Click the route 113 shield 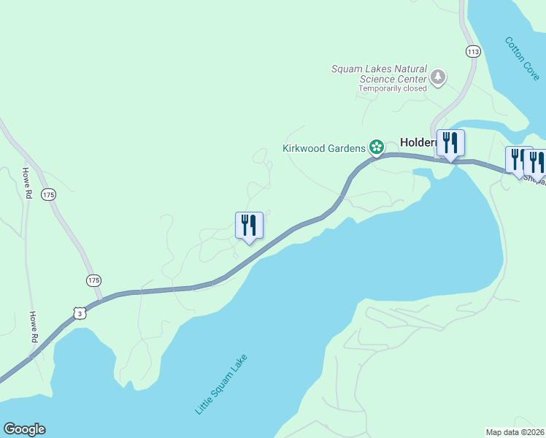point(472,51)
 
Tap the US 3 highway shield point(79,312)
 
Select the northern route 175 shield point(48,194)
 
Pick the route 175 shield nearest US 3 point(93,280)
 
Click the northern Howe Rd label point(26,184)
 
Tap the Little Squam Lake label point(221,385)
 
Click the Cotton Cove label point(522,58)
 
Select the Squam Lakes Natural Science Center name point(379,74)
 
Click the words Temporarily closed point(392,89)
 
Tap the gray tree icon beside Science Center point(438,77)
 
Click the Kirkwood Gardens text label point(324,148)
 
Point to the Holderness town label point(418,143)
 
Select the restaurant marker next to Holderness point(450,144)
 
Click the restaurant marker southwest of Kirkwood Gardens point(249,226)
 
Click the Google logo point(24,429)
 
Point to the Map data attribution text point(515,432)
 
